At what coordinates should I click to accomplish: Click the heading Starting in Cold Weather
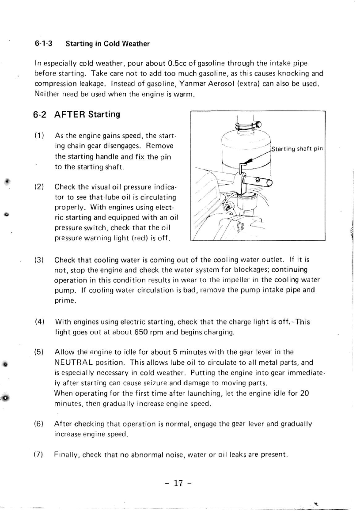coord(107,44)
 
